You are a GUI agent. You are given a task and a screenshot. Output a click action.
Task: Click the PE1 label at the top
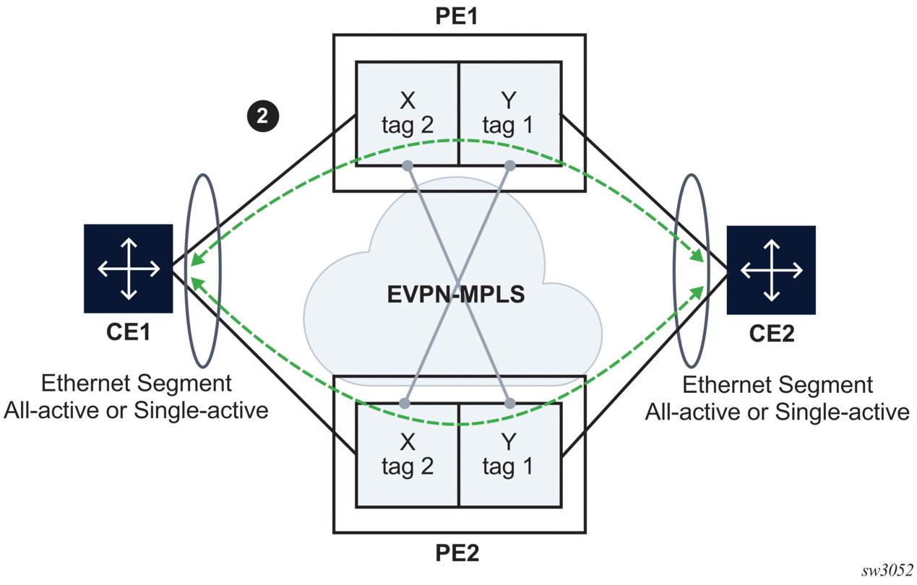click(459, 16)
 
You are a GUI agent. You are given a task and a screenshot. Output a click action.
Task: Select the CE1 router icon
click(129, 269)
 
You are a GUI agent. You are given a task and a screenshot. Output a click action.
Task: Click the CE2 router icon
click(771, 270)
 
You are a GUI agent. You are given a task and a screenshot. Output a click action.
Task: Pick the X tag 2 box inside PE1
click(408, 114)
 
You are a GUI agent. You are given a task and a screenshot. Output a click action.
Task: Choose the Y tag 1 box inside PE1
click(509, 114)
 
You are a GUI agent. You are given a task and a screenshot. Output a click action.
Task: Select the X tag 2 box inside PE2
click(408, 455)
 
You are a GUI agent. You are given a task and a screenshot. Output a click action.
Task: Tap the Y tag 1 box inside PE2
click(509, 455)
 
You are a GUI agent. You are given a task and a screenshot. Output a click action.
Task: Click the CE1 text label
click(129, 334)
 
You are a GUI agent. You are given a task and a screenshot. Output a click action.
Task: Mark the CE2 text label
click(771, 336)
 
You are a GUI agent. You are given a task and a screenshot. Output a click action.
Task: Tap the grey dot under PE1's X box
click(408, 165)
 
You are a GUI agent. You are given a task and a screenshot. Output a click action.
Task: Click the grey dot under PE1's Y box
click(509, 165)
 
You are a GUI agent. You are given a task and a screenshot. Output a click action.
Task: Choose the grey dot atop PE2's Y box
click(509, 403)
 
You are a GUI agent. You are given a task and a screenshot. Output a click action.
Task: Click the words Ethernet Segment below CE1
click(137, 383)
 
